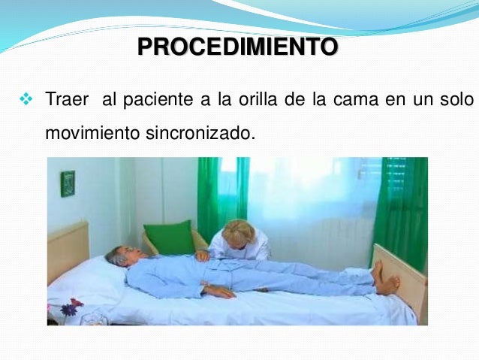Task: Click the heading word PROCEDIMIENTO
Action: (237, 48)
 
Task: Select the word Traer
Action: (67, 99)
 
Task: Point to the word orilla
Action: (258, 99)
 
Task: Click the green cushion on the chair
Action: (169, 237)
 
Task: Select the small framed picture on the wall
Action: (68, 183)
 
